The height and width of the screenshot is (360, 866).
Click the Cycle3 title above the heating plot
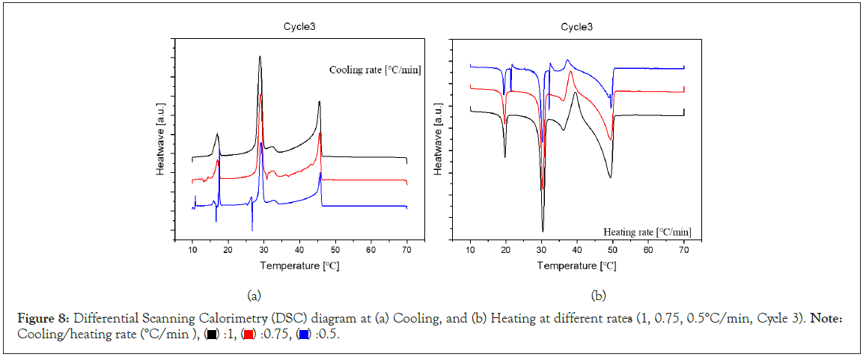click(x=577, y=27)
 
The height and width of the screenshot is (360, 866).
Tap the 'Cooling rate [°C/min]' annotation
click(x=375, y=70)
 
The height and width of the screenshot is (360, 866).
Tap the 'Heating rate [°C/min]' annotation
click(x=647, y=232)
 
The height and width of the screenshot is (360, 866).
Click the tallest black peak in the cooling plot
click(x=260, y=57)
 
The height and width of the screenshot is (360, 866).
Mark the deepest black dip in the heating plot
click(x=543, y=230)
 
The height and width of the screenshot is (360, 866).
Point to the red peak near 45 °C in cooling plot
click(x=320, y=134)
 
